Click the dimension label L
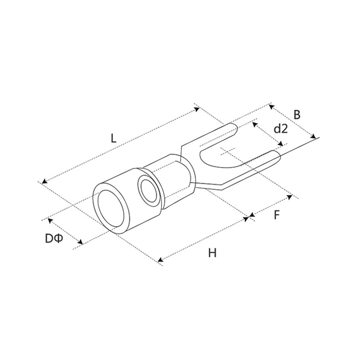(x=113, y=138)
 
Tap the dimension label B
(x=297, y=115)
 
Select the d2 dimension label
(x=281, y=129)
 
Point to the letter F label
(x=277, y=215)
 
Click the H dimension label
(x=212, y=253)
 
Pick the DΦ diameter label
(x=54, y=239)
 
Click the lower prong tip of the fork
(x=278, y=156)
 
